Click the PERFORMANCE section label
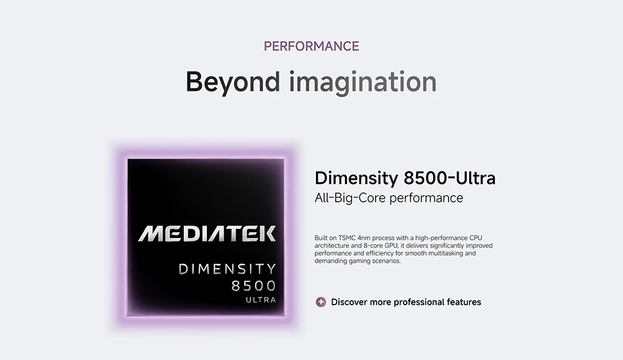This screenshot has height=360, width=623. point(311,46)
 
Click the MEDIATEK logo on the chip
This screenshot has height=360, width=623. point(207,234)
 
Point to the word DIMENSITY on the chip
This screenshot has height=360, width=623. point(227,269)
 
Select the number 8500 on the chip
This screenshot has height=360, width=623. point(254,286)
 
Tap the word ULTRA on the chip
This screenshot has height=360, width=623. point(260,300)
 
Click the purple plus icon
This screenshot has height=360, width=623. point(321,302)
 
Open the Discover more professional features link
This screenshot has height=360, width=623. point(406,302)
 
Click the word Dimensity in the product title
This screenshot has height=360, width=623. point(356,178)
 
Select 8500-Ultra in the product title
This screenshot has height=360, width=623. point(450,178)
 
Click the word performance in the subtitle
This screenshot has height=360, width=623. point(426,198)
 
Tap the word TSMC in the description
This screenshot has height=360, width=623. point(347,238)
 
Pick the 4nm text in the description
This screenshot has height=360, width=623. point(364,238)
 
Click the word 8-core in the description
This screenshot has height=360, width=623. point(373,245)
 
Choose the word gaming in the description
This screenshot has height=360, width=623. point(359,262)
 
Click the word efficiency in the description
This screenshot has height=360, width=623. point(381,253)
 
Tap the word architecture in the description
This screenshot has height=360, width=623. point(332,245)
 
